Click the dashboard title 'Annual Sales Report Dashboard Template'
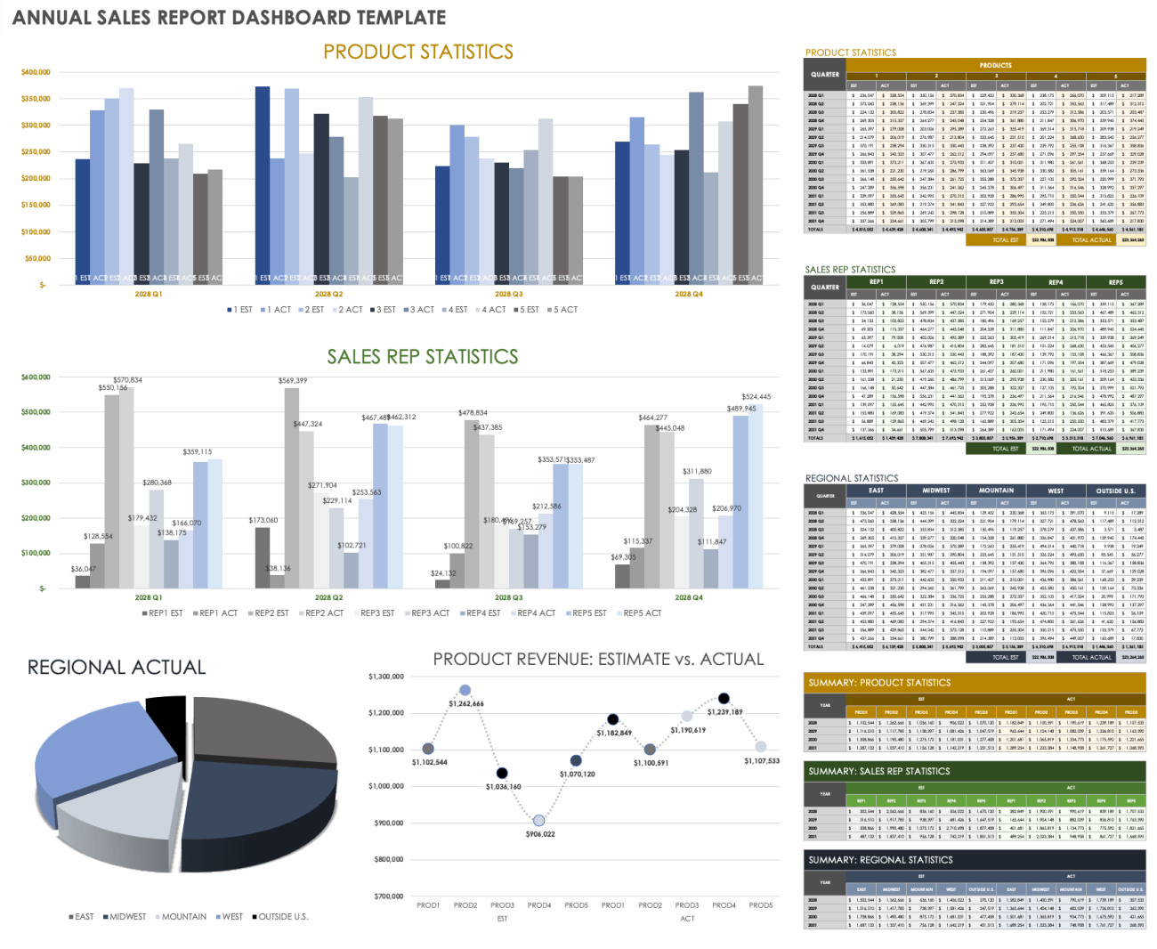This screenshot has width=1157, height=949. coord(229,17)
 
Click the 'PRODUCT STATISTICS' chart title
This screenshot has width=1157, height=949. coord(417,52)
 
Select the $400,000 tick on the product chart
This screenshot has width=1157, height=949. coord(36,72)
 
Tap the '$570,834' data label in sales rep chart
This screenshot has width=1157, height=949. coord(127,380)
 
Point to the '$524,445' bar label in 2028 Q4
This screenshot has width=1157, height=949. coord(756,397)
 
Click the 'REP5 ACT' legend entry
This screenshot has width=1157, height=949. coord(642,613)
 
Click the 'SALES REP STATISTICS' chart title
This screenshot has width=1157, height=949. coord(422,357)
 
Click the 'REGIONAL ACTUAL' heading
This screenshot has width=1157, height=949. coord(117,668)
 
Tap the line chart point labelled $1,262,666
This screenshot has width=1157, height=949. coord(465,690)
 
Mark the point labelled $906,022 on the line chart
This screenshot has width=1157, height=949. coord(538,821)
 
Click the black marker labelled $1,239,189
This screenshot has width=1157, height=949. coord(724,699)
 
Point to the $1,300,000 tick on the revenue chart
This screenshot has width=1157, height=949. coord(385,677)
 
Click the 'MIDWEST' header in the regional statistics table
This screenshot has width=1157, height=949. coord(935,491)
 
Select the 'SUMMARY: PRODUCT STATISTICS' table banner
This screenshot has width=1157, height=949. coord(878,683)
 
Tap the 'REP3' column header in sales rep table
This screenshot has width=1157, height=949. coord(996,282)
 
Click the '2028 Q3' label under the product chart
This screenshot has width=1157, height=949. coord(508,294)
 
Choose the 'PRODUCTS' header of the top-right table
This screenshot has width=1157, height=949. coord(995,65)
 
